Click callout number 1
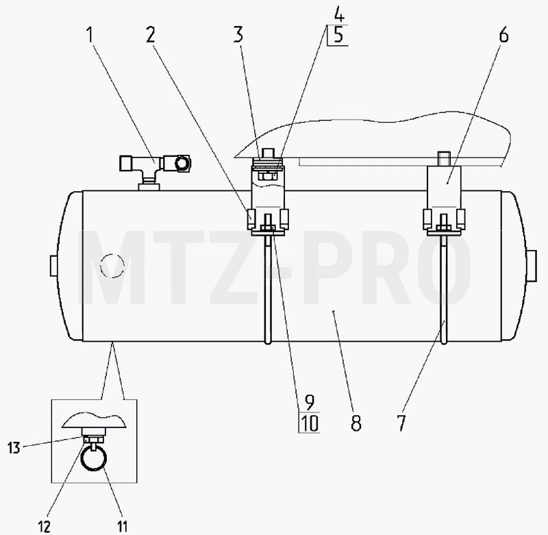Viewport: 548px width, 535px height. coord(90,35)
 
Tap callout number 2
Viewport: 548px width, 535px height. coord(151,35)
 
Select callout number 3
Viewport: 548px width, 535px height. coord(238,35)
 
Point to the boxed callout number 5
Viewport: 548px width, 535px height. coord(338,35)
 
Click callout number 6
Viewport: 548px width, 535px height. coord(503,35)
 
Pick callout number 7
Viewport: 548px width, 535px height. coord(401,423)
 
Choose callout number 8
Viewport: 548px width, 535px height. coord(356,423)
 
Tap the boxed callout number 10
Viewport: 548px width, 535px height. coord(310,423)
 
